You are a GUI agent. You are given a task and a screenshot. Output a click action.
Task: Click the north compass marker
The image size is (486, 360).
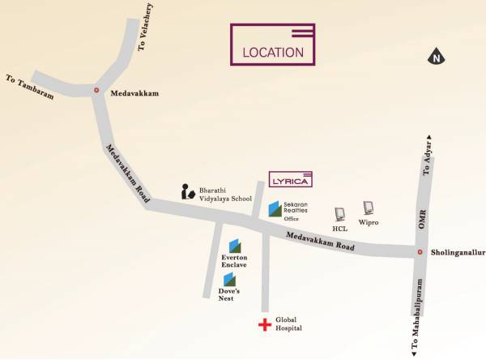tap(436, 57)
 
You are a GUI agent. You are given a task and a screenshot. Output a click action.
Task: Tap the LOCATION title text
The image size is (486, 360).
tap(273, 53)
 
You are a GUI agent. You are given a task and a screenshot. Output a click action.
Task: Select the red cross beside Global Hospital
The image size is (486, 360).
tap(263, 325)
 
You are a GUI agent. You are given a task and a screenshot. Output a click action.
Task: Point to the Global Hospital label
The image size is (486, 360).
tap(288, 324)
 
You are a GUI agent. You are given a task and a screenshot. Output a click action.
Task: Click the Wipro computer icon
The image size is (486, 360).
tap(369, 208)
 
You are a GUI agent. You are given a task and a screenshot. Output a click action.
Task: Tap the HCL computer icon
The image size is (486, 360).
tap(340, 214)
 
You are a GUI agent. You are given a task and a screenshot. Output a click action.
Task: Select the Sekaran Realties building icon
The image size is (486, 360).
tap(275, 209)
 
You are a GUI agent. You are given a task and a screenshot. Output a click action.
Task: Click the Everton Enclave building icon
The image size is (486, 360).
tap(234, 245)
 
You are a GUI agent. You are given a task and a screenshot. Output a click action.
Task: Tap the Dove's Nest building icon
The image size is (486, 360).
tap(229, 279)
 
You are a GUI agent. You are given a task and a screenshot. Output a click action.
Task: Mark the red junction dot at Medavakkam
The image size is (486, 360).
tap(97, 91)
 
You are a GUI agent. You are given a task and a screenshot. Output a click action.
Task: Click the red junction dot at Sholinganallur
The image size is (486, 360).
tap(420, 252)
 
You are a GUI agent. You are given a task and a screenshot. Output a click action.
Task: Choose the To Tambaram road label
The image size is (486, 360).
tap(30, 88)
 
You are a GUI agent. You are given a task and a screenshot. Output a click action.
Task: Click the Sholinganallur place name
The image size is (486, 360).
tap(457, 252)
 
